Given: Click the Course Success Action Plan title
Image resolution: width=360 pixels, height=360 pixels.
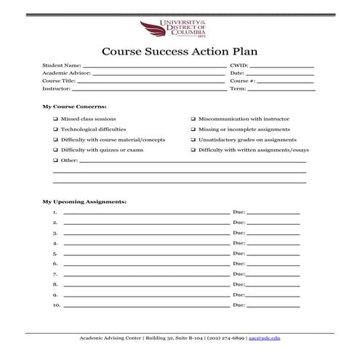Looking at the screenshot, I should (x=180, y=52).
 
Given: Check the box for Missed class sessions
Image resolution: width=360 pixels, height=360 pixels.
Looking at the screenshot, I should (x=55, y=118).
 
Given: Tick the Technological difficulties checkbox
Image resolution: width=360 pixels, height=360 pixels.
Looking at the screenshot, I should (x=55, y=129).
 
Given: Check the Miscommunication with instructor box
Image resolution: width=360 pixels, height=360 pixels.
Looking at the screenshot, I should (x=193, y=118).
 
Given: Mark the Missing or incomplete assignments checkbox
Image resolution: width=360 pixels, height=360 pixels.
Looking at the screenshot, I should (x=193, y=129).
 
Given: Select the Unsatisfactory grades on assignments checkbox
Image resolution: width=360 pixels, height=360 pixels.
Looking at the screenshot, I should (x=193, y=139).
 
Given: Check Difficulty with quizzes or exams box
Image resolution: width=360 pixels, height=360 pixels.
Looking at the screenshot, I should (x=55, y=149).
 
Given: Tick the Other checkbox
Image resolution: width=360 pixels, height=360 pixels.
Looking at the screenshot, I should (x=55, y=159).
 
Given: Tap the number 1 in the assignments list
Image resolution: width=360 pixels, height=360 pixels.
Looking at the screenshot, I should (x=55, y=212).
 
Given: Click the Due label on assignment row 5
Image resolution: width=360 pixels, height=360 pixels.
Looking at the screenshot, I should (x=238, y=253).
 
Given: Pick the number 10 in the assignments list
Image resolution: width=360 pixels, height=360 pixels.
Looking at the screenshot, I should (x=56, y=305).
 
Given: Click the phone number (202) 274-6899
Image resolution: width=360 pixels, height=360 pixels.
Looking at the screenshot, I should (x=226, y=339).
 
